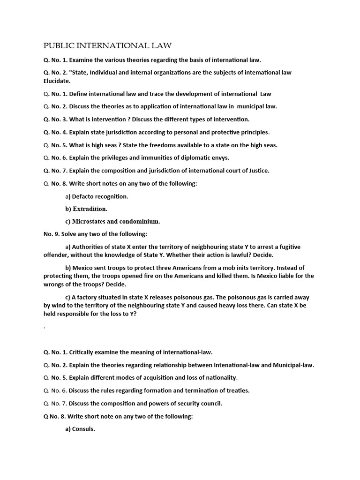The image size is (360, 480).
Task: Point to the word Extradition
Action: tap(90, 209)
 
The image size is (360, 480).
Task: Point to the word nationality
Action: tap(219, 377)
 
